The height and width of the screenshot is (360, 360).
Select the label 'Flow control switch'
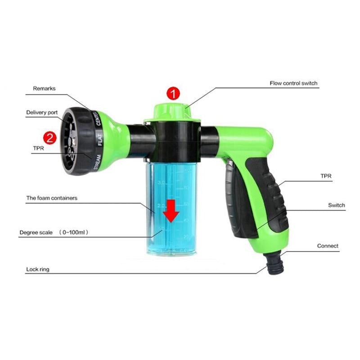click(293, 83)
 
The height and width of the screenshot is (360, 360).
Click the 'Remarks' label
click(44, 89)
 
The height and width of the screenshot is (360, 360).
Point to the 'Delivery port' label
click(43, 112)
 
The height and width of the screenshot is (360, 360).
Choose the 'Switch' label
click(336, 205)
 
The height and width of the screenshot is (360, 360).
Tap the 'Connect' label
click(328, 246)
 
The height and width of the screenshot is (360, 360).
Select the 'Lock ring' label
click(37, 269)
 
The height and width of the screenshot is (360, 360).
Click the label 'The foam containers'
click(51, 198)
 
